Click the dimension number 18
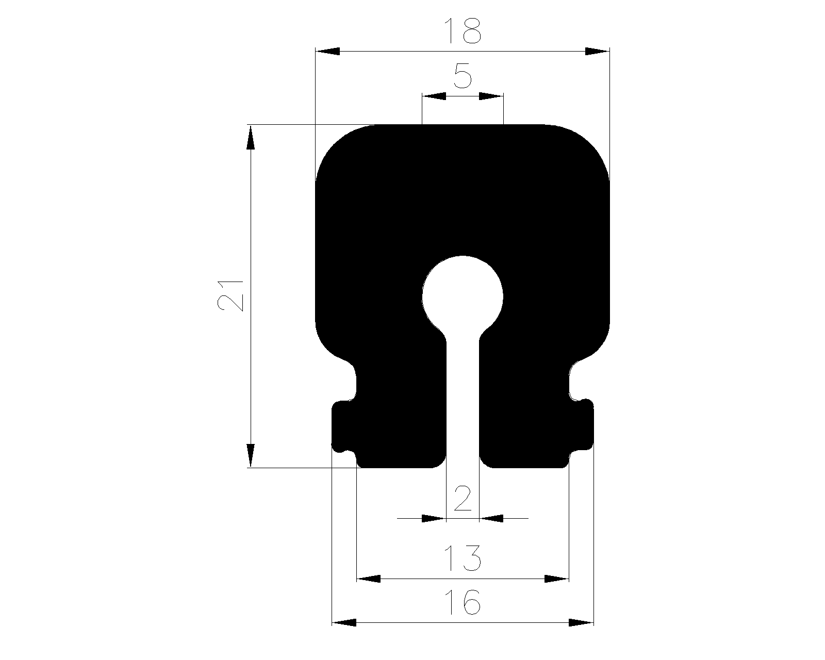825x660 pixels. [463, 31]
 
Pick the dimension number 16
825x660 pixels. [463, 601]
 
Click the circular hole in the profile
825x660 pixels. [463, 296]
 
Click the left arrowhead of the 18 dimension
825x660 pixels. [328, 52]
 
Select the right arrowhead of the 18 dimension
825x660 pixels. [597, 52]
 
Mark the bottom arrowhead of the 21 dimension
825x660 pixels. [251, 455]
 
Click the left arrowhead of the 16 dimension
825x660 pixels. [344, 623]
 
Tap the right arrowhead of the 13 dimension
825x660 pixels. [557, 579]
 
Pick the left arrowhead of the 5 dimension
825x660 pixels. [434, 96]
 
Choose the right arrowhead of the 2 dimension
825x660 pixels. [491, 518]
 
